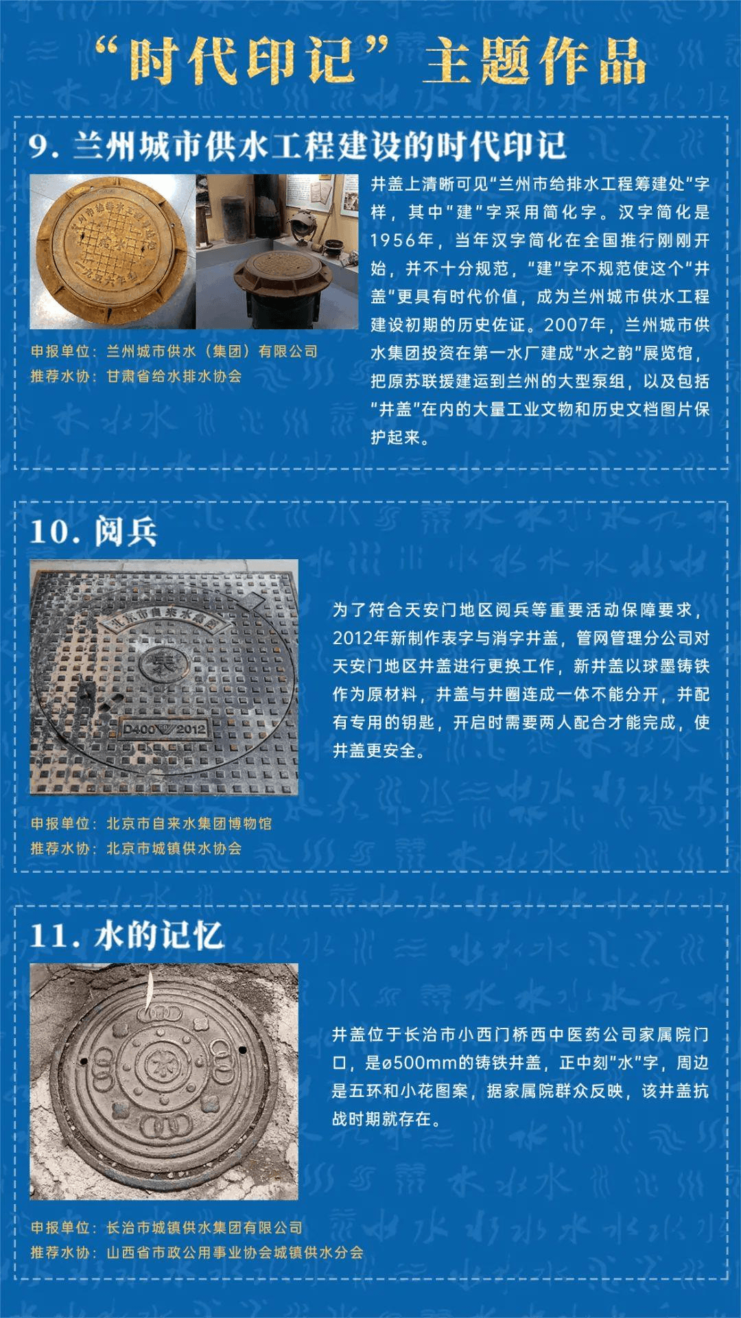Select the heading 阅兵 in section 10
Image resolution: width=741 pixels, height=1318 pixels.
tap(126, 532)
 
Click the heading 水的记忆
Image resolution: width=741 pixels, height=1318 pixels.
tap(158, 935)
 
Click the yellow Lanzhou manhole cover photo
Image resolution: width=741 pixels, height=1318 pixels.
tap(112, 252)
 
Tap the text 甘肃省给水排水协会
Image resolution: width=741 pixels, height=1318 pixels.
tap(174, 377)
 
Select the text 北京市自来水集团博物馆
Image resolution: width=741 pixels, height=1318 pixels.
tap(189, 823)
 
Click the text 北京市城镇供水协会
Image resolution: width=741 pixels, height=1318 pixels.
tap(174, 849)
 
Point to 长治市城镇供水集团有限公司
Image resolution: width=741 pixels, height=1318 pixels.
tap(204, 1227)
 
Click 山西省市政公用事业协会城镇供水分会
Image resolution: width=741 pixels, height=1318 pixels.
tap(235, 1252)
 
